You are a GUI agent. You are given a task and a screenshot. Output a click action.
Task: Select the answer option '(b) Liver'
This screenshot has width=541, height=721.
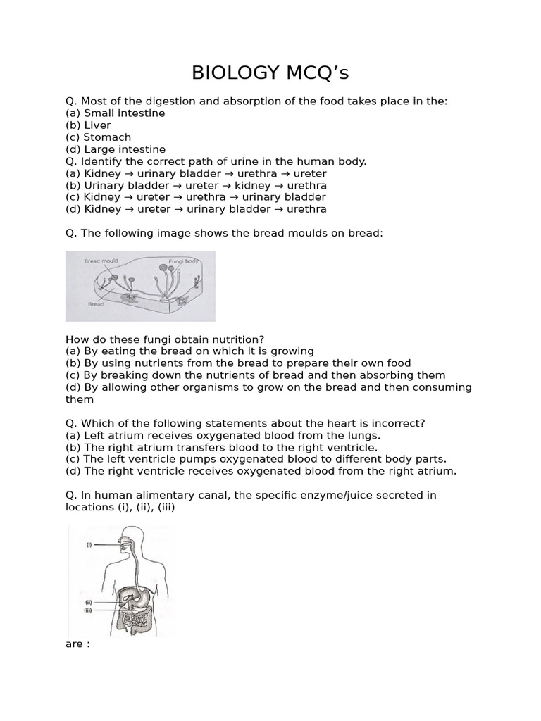tap(88, 125)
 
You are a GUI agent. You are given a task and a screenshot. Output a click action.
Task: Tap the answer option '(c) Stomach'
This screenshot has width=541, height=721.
tap(98, 137)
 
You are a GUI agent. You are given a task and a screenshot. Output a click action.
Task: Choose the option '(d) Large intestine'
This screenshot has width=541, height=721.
tap(116, 149)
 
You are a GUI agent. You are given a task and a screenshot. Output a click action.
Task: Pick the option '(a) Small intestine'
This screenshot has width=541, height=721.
tap(115, 113)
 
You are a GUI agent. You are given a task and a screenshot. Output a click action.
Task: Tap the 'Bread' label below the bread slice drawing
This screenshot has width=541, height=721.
tap(96, 305)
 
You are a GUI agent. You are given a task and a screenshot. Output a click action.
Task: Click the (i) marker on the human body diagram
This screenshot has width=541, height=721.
tap(89, 545)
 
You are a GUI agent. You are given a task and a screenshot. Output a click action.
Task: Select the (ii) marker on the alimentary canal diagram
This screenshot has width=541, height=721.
tap(89, 603)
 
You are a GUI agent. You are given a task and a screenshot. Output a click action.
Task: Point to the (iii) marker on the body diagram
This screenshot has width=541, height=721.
tap(89, 610)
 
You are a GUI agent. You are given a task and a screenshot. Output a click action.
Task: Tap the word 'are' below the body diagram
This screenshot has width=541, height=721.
tap(73, 644)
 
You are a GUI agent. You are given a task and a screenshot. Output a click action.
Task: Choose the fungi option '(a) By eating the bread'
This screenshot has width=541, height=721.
tap(189, 351)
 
